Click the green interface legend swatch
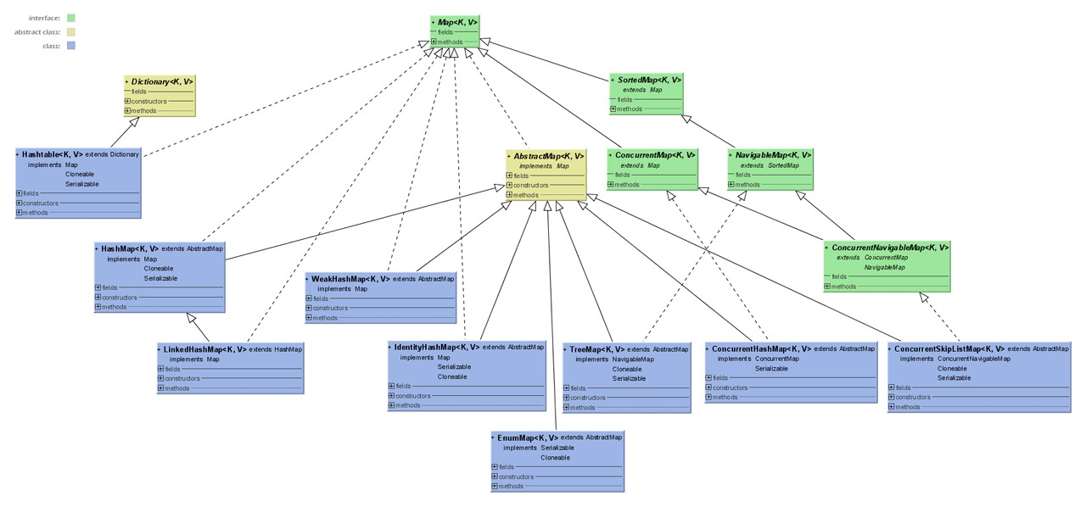pos(70,18)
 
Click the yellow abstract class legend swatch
pos(70,32)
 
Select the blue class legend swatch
pos(70,46)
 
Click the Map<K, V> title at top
pos(457,21)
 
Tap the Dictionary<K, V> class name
pos(162,81)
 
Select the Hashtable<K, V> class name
pos(52,154)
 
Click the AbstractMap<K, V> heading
pos(548,156)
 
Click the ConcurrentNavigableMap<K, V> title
pos(890,248)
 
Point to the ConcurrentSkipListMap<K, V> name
pos(949,348)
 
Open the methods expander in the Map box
pos(434,42)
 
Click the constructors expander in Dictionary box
pos(128,101)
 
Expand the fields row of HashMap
pos(98,287)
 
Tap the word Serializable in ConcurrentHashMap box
pos(771,369)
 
